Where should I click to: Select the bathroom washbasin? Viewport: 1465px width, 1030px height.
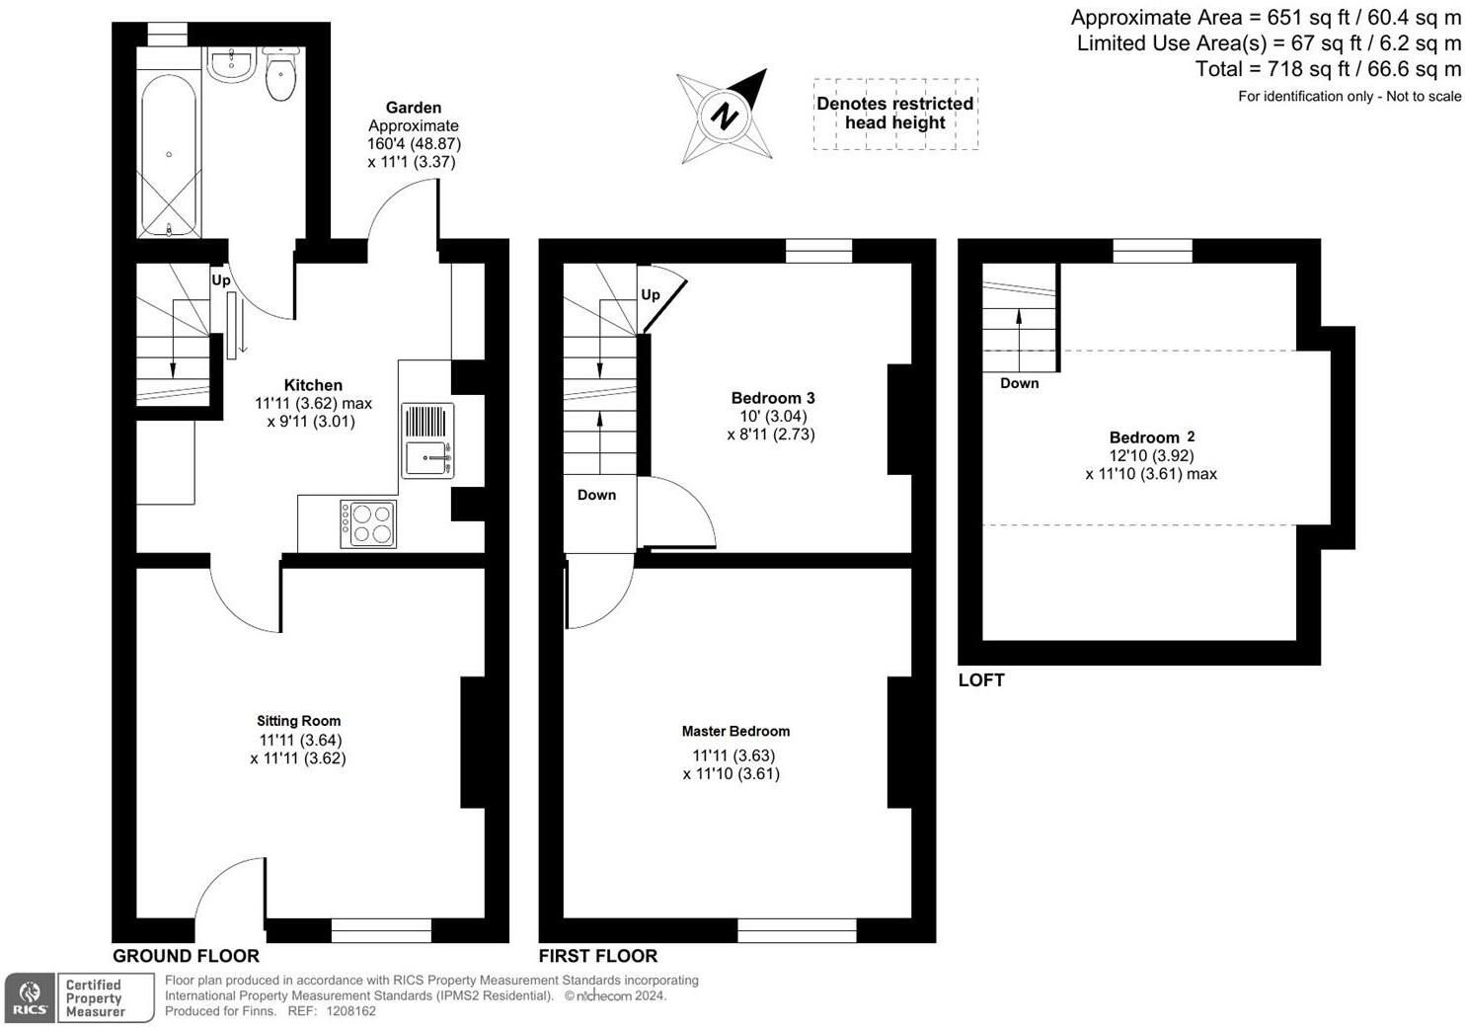232,64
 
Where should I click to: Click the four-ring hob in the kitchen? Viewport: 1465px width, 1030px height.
368,523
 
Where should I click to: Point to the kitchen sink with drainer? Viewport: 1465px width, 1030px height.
427,440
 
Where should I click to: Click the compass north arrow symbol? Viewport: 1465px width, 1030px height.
726,116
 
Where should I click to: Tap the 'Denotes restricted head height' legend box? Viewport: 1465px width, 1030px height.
895,114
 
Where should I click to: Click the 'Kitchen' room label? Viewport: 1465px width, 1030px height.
313,385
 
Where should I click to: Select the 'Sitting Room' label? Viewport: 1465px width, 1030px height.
298,721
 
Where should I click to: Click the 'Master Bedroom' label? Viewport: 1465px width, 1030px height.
735,732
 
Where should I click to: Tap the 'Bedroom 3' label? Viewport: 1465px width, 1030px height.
772,398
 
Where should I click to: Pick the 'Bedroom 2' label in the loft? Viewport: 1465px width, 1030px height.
1151,437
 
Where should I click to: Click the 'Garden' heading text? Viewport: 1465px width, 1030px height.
413,108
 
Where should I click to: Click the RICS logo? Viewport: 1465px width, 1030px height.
31,997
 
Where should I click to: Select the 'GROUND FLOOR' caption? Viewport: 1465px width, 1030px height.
186,956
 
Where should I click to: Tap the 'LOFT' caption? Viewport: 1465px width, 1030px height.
980,680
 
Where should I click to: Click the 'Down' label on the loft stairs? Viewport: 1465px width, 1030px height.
1019,383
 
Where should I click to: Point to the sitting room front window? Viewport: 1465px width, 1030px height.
381,929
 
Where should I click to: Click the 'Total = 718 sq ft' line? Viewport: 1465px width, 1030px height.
1328,69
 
